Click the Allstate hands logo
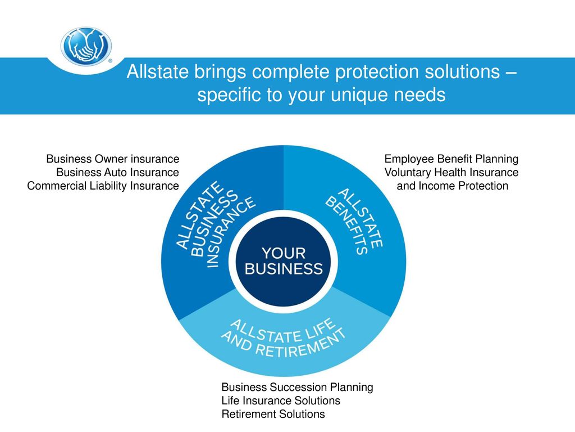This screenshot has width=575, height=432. pos(86,47)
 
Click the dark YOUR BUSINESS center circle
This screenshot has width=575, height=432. pos(284,261)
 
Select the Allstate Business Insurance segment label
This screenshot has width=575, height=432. pos(215,224)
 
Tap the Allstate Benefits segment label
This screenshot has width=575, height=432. pos(354,222)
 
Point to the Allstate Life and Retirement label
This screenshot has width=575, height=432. pos(283,338)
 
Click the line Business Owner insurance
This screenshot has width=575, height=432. pos(112,159)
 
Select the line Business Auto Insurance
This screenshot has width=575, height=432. pos(117,172)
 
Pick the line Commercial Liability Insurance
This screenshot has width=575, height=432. pos(103,186)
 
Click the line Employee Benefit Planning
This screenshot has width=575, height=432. pos(451,159)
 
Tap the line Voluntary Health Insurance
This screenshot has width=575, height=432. pos(451,172)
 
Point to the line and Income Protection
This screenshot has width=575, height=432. pos(453,186)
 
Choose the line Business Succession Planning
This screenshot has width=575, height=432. pos(298,387)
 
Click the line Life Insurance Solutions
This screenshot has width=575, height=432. pos(281,400)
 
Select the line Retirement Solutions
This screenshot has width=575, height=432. pos(273,414)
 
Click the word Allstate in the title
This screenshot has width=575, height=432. pos(158,71)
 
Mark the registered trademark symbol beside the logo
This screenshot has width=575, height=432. pos(111,61)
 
